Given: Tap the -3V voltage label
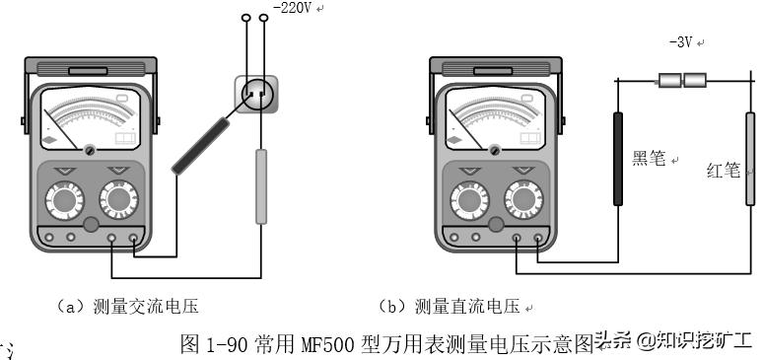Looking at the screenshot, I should pyautogui.click(x=681, y=43).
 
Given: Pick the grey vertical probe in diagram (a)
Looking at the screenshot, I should pyautogui.click(x=261, y=185).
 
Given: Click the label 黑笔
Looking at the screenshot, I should pyautogui.click(x=651, y=158).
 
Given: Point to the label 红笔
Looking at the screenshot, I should pyautogui.click(x=724, y=170).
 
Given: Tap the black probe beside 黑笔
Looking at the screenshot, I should pyautogui.click(x=619, y=158).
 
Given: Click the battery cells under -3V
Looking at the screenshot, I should pyautogui.click(x=682, y=81).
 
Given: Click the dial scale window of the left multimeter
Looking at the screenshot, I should pyautogui.click(x=90, y=118).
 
